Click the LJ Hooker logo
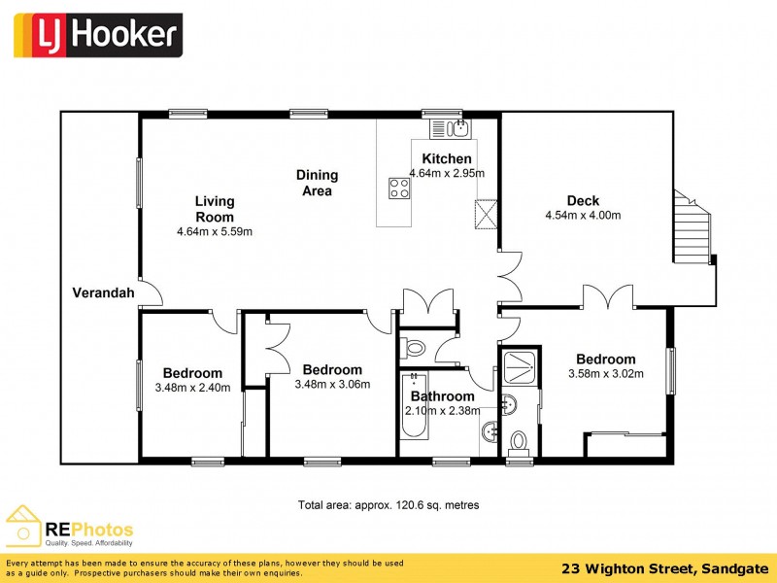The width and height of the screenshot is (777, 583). point(97,36)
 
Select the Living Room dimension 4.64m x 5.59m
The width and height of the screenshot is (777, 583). point(215,232)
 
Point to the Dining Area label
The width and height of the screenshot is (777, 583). point(317,183)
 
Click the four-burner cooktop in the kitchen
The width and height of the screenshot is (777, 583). point(398,188)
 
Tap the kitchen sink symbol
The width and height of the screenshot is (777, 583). point(452,127)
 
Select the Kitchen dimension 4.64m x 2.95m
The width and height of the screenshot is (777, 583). point(447,174)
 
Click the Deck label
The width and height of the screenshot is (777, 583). point(583,201)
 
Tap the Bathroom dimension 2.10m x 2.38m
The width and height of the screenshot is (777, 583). point(442,411)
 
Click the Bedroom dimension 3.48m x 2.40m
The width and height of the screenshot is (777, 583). point(192,388)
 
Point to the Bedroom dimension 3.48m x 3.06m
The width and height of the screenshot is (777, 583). point(332,384)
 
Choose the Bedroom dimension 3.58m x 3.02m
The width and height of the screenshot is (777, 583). point(605,373)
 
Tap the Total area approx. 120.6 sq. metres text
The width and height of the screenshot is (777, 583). point(388,505)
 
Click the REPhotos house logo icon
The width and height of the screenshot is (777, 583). point(23,525)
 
